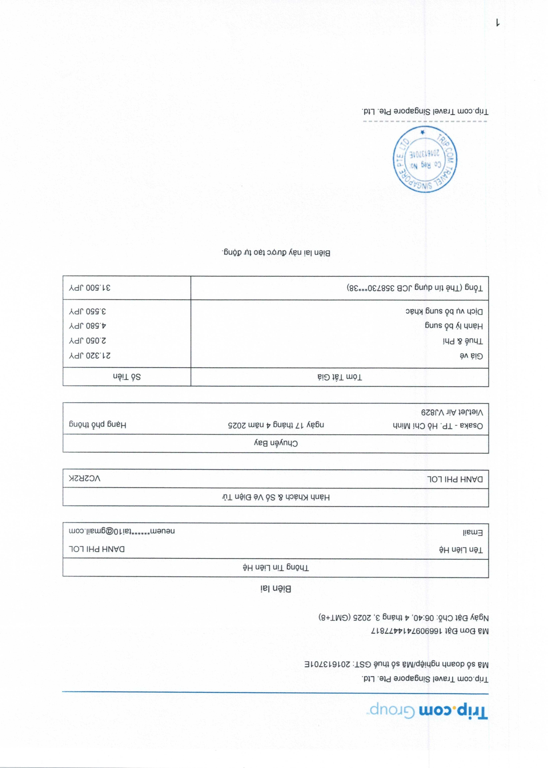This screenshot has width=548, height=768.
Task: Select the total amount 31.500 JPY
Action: pyautogui.click(x=90, y=288)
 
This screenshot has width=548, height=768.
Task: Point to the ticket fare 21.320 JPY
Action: pyautogui.click(x=90, y=355)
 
